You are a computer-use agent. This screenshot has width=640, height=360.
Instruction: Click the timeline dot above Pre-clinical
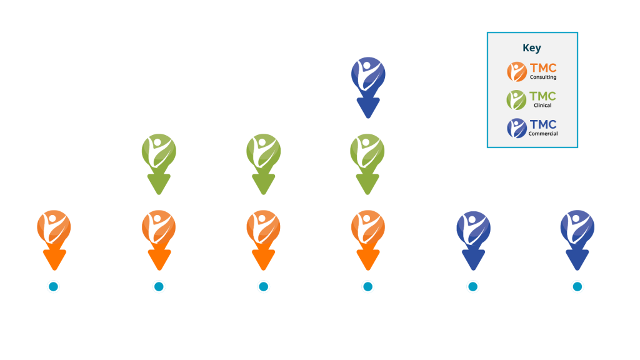(x=54, y=287)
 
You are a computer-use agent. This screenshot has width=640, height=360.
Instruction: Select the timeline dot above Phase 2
(x=263, y=287)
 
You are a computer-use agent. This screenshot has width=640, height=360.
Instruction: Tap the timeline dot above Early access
(x=473, y=287)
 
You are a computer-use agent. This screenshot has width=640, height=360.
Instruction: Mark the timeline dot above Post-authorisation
(x=577, y=287)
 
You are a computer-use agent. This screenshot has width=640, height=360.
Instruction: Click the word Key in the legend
(x=532, y=48)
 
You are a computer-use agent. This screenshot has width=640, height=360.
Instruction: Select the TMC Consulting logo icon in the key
(x=516, y=72)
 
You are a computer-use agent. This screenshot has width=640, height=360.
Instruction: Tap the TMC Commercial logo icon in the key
(x=516, y=127)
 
